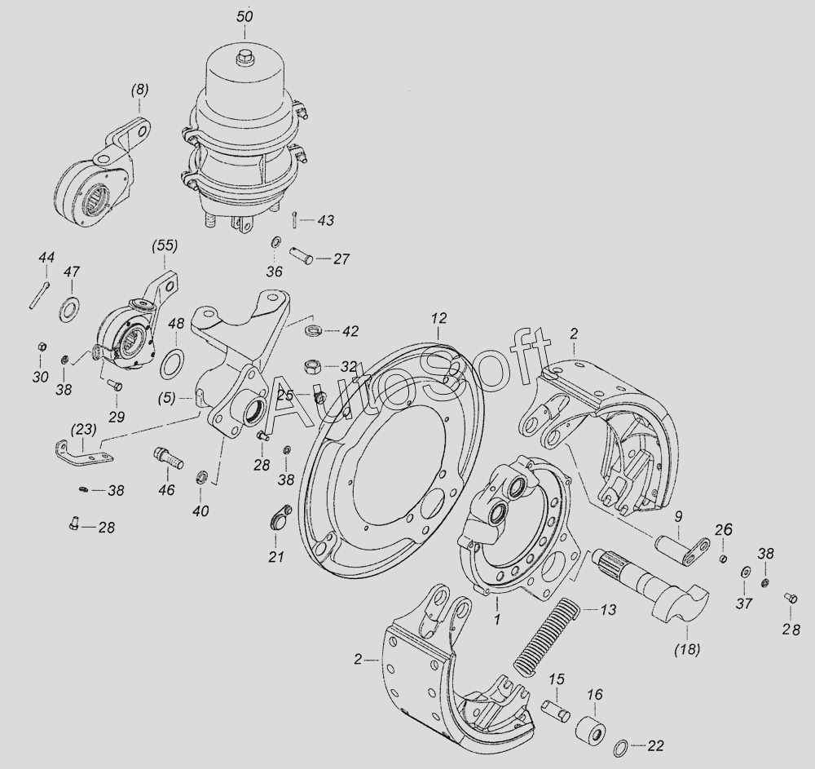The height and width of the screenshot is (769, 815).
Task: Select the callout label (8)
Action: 139,90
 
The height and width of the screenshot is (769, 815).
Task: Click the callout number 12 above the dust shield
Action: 438,318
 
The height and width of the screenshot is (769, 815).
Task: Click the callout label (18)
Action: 686,649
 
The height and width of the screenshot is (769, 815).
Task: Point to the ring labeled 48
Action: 172,365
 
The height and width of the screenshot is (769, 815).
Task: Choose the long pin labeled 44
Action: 39,295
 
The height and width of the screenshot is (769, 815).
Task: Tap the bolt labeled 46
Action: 169,457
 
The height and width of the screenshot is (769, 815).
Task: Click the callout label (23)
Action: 84,430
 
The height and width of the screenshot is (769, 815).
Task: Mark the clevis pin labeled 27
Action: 301,255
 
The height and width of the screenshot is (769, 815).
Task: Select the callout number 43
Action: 325,220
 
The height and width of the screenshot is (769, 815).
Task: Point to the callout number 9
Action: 678,517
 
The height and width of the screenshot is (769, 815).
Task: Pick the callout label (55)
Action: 165,245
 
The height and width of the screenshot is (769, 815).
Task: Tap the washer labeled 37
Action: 745,572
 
